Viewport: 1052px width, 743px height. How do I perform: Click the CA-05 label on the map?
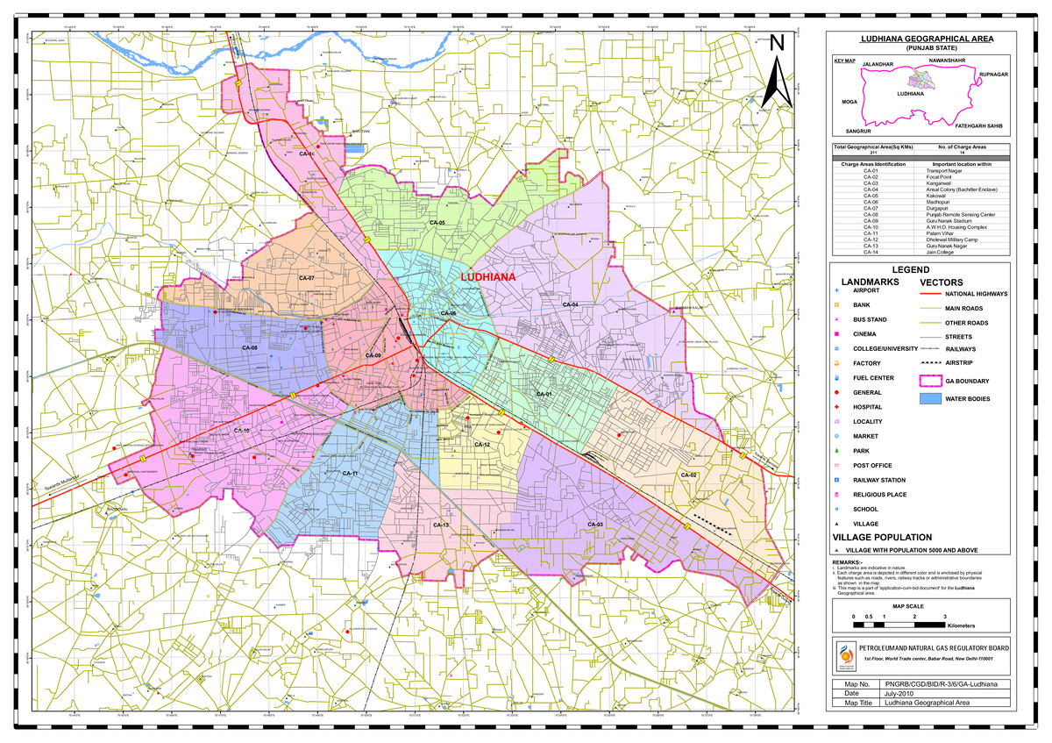(x=437, y=224)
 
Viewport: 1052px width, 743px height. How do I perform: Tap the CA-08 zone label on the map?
(x=250, y=348)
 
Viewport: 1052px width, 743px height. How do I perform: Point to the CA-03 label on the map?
(x=595, y=524)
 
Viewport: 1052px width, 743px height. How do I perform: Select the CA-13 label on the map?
(x=440, y=525)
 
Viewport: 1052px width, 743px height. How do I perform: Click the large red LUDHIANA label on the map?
(x=488, y=276)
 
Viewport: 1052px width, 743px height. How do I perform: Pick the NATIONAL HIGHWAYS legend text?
(x=977, y=294)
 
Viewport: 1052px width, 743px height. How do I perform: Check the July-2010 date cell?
(x=903, y=693)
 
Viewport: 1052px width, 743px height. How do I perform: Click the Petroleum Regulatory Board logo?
(x=845, y=653)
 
